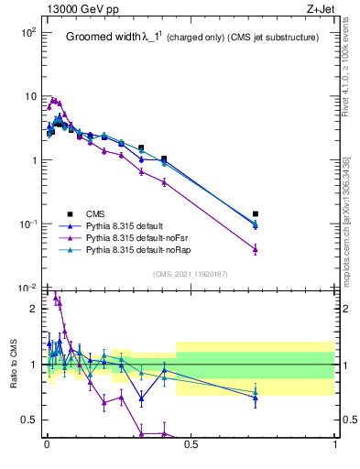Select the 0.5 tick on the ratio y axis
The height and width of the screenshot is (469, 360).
click(x=31, y=420)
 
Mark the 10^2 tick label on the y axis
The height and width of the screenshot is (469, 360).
click(x=28, y=32)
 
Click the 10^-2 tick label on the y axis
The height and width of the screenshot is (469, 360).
click(x=28, y=289)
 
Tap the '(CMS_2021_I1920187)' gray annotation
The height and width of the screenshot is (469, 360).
click(x=191, y=273)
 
